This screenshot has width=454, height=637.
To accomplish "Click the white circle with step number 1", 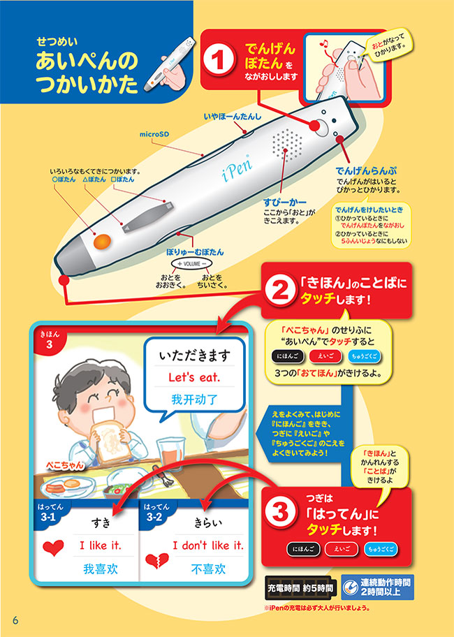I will tap(221, 60).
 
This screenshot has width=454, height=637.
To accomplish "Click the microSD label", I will tap(155, 132).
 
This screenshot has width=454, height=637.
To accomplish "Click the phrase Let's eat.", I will tap(196, 377).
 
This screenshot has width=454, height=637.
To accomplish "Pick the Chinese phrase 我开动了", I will tap(196, 400).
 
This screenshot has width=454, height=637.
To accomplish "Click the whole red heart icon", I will tap(51, 548).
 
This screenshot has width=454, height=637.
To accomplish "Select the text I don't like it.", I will tap(208, 546).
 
